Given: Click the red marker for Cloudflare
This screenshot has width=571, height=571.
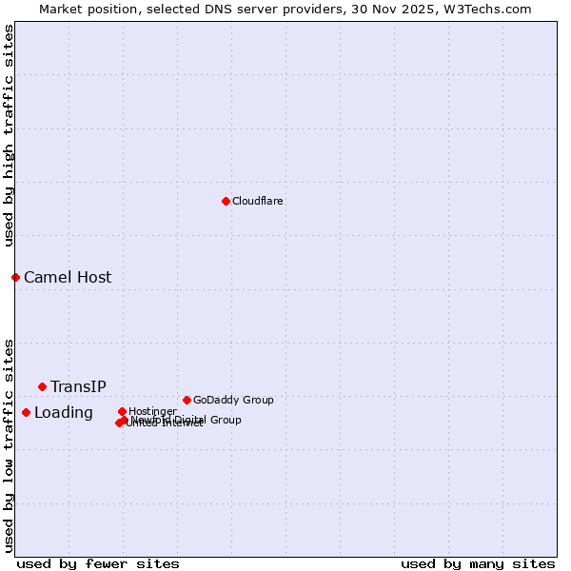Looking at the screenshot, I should click(226, 201).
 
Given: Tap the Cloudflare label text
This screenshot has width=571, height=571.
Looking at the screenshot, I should click(257, 201).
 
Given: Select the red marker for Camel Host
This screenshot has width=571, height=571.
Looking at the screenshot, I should click(15, 277).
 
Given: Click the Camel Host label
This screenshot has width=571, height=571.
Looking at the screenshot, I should click(68, 278).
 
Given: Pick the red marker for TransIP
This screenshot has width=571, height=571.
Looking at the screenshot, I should click(42, 386).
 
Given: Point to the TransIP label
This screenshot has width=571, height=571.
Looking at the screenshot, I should click(78, 386).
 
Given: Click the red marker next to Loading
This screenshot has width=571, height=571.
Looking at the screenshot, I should click(26, 412).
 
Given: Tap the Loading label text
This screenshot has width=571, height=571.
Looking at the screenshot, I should click(64, 413).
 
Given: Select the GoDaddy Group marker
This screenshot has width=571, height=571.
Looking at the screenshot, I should click(187, 400).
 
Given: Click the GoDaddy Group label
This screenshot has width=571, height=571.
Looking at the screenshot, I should click(233, 400).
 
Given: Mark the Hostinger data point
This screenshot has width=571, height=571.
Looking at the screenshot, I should click(122, 411).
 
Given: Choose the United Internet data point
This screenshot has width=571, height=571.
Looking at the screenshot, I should click(119, 423).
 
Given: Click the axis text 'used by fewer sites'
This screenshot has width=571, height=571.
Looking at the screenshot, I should click(98, 563).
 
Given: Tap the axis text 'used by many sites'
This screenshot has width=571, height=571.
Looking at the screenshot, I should click(478, 563).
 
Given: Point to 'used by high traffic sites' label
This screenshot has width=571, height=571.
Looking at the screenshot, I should click(9, 135).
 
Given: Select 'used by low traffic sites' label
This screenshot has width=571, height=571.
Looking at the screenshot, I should click(9, 444).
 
